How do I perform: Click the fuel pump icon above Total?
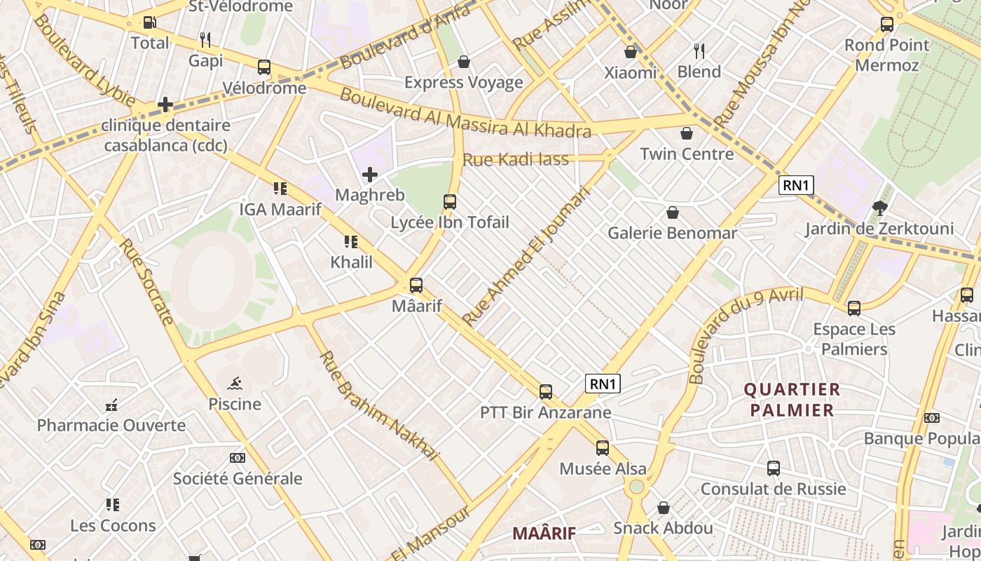(x=149, y=22)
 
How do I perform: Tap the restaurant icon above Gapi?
(x=205, y=39)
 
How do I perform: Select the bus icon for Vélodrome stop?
(x=264, y=67)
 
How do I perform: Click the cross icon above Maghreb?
(x=370, y=175)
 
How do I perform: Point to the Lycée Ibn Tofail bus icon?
(x=450, y=202)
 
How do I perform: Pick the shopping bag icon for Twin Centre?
(x=687, y=133)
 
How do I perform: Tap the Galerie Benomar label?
(x=672, y=233)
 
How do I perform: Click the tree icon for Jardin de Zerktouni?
(x=879, y=208)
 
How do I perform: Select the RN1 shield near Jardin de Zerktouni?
(x=797, y=186)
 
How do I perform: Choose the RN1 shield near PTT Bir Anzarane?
(x=603, y=384)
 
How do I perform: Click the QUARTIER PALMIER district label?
(x=792, y=400)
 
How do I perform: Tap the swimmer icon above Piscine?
(x=235, y=383)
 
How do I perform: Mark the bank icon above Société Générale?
(x=238, y=458)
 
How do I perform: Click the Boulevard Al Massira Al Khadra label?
(x=465, y=113)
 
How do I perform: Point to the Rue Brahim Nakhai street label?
(x=378, y=406)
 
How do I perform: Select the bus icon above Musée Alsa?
(x=603, y=448)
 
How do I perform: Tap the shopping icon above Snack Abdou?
(x=664, y=508)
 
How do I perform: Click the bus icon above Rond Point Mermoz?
(x=887, y=25)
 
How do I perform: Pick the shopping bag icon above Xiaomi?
(x=631, y=52)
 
